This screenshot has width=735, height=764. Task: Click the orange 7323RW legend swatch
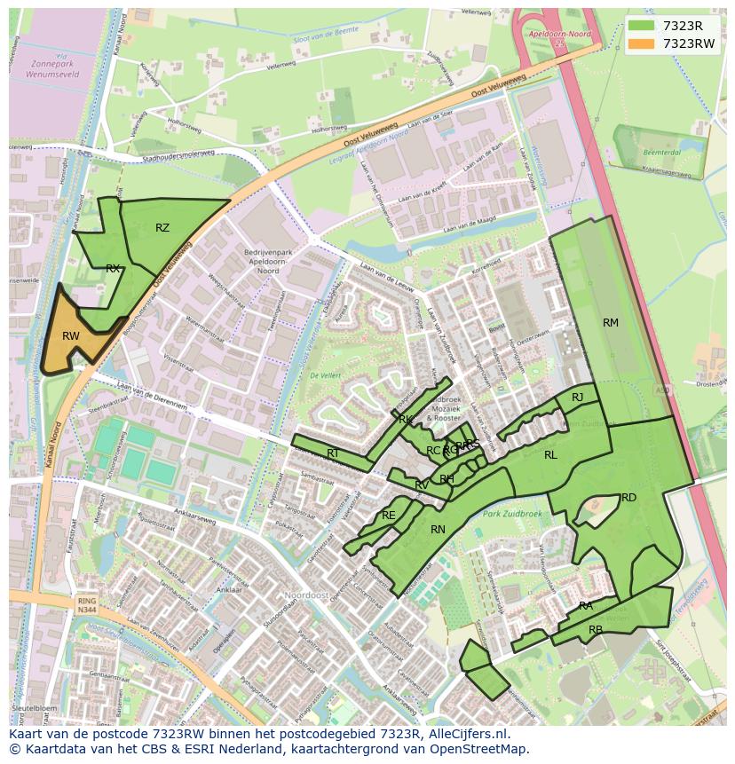coord(644,43)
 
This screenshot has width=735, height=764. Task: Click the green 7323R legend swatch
coord(644,26)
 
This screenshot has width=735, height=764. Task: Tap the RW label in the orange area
coord(71,336)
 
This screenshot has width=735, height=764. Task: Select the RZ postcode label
coord(162,228)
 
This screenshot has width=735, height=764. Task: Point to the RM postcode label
coord(611,323)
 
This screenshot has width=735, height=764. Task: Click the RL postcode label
coord(550,455)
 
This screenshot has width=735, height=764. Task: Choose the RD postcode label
coord(628,498)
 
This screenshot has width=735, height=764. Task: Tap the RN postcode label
coord(438,530)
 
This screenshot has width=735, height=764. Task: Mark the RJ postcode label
coord(578,398)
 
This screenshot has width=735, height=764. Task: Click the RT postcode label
coord(333,453)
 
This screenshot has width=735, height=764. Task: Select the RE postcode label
coord(388,516)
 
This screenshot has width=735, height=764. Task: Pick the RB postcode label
coord(596,630)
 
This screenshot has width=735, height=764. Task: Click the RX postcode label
coord(113,269)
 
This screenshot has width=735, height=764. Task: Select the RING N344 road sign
coord(86,605)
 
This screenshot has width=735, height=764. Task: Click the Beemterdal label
coord(655,153)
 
